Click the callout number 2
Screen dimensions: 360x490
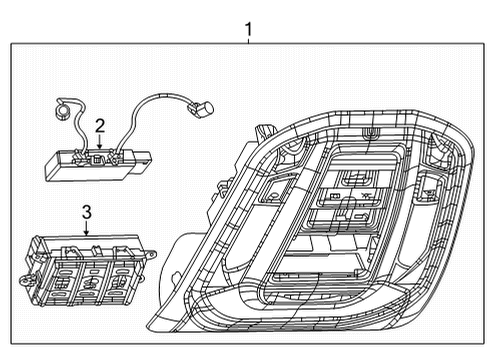click(x=99, y=125)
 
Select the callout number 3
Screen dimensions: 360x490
click(x=86, y=212)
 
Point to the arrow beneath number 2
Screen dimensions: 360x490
click(x=99, y=142)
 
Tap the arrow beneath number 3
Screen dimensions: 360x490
click(x=86, y=229)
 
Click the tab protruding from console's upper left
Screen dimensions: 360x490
click(x=267, y=129)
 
